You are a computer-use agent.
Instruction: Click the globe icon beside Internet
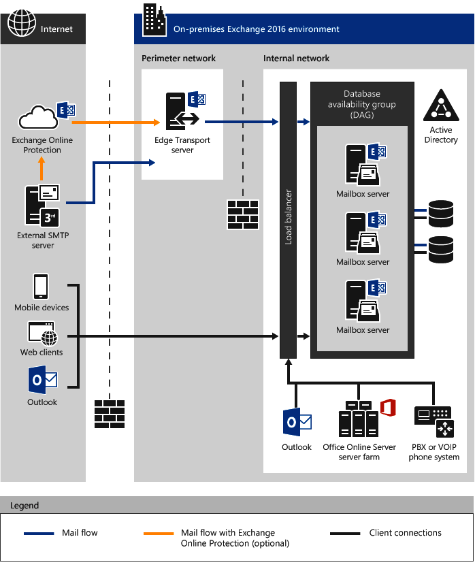21,24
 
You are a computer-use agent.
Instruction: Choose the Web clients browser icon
42,334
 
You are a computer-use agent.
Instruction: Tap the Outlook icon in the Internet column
42,379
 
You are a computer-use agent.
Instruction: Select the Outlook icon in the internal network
297,423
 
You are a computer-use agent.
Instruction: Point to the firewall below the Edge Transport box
243,214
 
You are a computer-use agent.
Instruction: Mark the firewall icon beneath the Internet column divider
109,414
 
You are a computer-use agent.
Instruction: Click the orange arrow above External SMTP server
41,169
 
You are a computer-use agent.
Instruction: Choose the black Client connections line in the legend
344,534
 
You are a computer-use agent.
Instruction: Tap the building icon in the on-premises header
153,20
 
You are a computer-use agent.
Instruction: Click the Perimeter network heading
178,59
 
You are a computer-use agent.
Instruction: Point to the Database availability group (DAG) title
361,104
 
